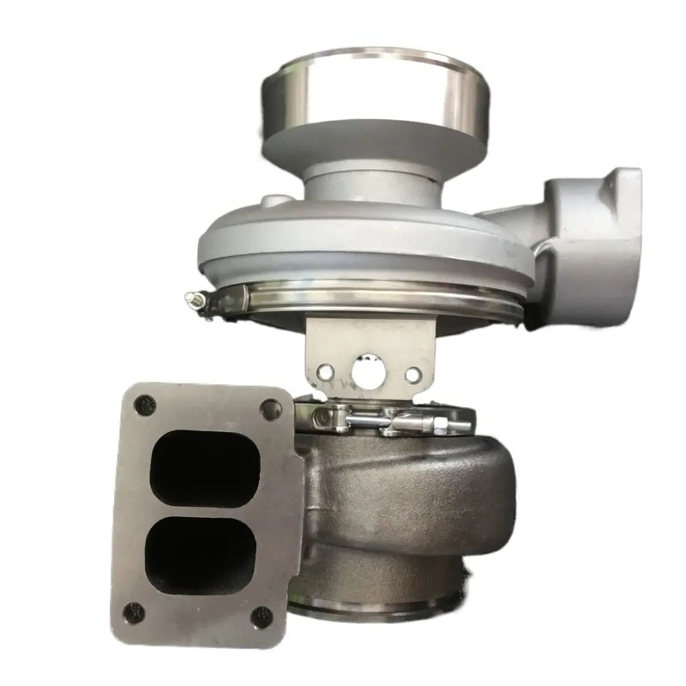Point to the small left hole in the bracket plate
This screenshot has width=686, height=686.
[325, 371]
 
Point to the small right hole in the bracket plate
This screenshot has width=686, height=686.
[412, 375]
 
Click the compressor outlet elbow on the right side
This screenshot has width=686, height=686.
[592, 232]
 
